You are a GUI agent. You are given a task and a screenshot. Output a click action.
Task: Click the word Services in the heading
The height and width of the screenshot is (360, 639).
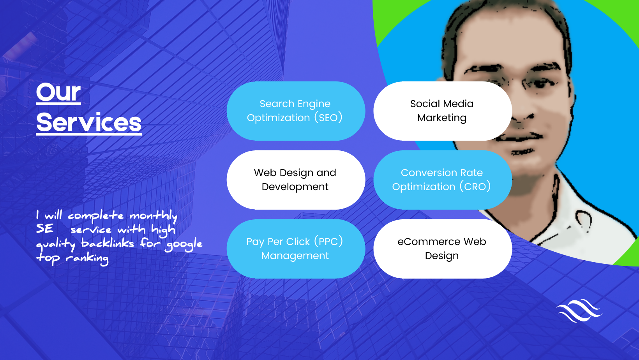[x=89, y=122]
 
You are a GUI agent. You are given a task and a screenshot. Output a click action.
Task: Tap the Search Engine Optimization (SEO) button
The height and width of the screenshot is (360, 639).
[x=296, y=111]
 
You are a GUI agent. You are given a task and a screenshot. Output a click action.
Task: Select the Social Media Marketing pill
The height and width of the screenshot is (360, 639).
[x=443, y=111]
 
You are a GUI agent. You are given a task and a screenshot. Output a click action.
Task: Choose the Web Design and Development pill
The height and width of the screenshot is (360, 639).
[x=296, y=180]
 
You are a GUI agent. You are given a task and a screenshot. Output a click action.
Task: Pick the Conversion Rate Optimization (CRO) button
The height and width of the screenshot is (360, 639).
[x=443, y=180]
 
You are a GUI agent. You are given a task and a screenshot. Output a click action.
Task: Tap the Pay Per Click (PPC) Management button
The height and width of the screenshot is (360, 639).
[x=296, y=249]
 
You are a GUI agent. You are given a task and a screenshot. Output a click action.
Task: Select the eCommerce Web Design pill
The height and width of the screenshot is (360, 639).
[x=443, y=249]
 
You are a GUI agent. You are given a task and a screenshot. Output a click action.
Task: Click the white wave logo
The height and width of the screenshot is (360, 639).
[x=579, y=311]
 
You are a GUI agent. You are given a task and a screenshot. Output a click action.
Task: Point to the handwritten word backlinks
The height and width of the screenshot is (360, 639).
[x=108, y=244]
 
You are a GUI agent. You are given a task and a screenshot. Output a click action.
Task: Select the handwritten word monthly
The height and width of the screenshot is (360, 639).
[x=154, y=216]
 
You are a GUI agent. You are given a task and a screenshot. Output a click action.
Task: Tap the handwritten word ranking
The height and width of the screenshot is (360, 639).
[x=87, y=258]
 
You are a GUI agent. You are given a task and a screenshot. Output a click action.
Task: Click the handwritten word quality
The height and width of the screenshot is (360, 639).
[x=56, y=244]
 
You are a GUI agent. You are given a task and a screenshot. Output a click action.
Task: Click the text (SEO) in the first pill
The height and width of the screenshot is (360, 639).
[x=328, y=118]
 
